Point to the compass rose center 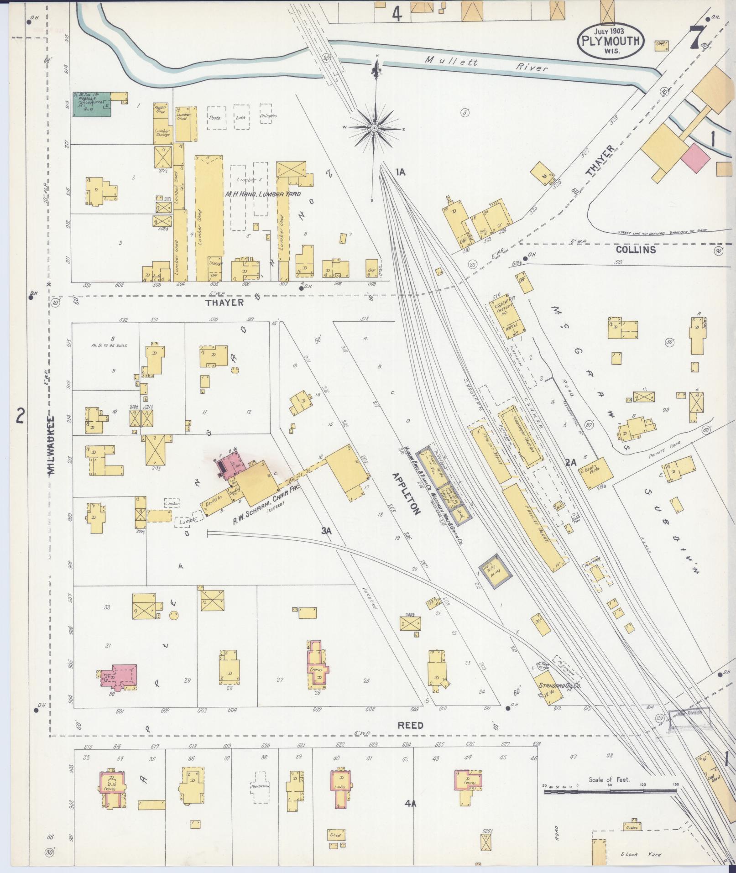374,128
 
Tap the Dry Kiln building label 214,500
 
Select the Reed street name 410,725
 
